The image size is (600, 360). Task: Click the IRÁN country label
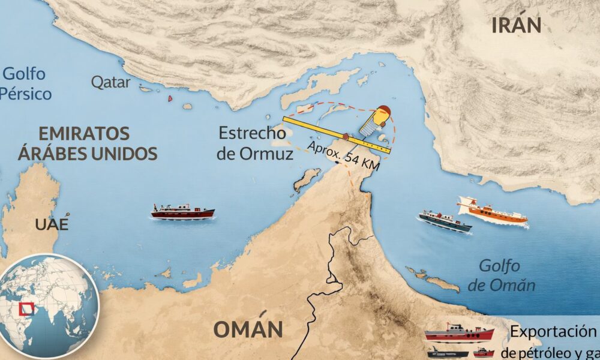tap(516, 25)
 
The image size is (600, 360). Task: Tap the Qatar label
tap(111, 82)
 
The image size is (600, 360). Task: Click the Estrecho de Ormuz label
tap(254, 143)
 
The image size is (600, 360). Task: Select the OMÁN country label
tap(247, 330)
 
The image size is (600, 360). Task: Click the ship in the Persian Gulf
tap(182, 211)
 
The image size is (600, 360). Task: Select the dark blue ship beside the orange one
tap(445, 221)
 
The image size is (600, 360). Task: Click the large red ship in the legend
tap(459, 334)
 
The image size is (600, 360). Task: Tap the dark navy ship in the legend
tap(446, 353)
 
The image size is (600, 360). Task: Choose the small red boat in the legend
tap(484, 353)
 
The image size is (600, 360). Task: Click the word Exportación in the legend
tap(553, 332)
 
